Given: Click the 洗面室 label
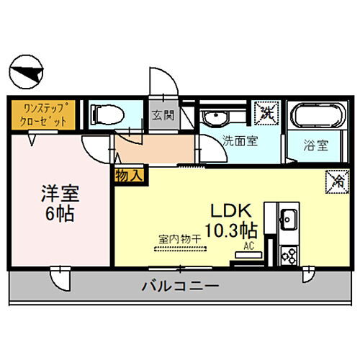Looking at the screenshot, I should [x=240, y=142].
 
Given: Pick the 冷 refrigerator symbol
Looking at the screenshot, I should [x=335, y=180].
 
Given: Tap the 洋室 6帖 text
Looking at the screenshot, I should [x=59, y=204].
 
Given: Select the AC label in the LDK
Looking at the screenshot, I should [x=249, y=246].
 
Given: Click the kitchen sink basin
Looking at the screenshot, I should [x=289, y=218].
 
